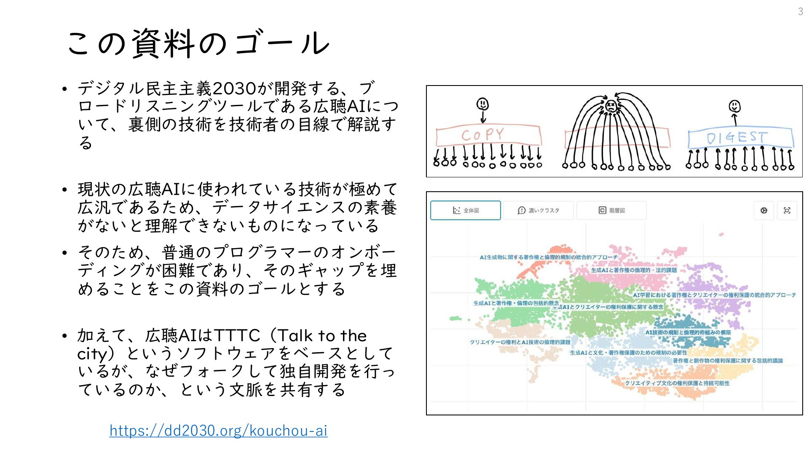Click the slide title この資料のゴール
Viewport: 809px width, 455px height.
pyautogui.click(x=198, y=43)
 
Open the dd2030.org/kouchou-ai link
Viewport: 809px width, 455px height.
pyautogui.click(x=218, y=431)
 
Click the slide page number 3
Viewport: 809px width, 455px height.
pyautogui.click(x=800, y=12)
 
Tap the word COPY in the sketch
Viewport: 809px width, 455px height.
pyautogui.click(x=482, y=135)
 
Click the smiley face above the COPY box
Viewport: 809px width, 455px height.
pyautogui.click(x=482, y=103)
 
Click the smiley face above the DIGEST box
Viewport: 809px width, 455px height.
pyautogui.click(x=734, y=106)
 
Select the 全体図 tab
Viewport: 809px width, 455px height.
pyautogui.click(x=466, y=210)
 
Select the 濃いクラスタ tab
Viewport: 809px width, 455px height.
pyautogui.click(x=538, y=210)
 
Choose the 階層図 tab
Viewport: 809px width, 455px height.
pyautogui.click(x=611, y=210)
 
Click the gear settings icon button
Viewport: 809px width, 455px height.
pyautogui.click(x=764, y=210)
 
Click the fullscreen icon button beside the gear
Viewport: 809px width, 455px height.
pyautogui.click(x=787, y=210)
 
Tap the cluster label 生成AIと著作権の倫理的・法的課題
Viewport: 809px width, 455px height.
pyautogui.click(x=634, y=270)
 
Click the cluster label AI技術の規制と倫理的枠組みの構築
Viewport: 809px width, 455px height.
pyautogui.click(x=688, y=332)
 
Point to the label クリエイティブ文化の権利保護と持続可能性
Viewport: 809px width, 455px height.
pyautogui.click(x=677, y=383)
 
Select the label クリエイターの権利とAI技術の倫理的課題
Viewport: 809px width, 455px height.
pyautogui.click(x=520, y=342)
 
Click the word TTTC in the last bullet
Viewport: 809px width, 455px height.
pyautogui.click(x=237, y=336)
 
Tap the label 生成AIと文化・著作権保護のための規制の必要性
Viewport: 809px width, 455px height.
pyautogui.click(x=628, y=353)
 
